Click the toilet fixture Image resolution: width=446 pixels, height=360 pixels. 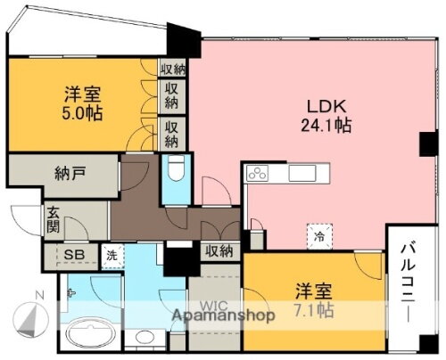(177, 169)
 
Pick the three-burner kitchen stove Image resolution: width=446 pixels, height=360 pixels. (256, 173)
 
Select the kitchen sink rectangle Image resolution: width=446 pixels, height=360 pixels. (296, 172)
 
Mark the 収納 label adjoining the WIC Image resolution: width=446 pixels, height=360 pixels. (218, 252)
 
